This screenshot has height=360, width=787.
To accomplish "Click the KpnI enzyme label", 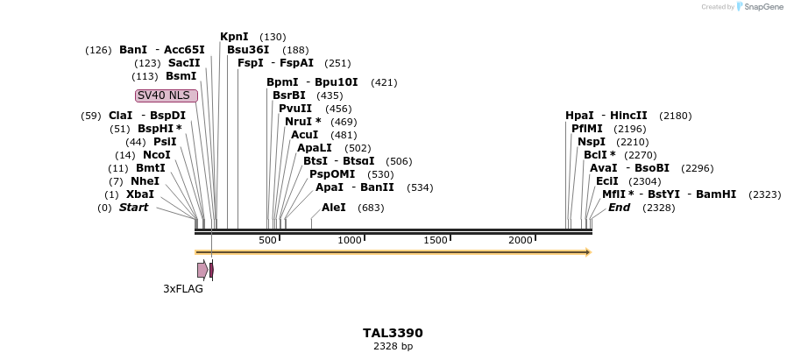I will click(234, 37).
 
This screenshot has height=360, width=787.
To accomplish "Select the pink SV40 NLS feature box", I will click(167, 95).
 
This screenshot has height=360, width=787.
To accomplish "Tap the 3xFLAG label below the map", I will click(183, 288).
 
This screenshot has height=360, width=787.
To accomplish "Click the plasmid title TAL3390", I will click(393, 333).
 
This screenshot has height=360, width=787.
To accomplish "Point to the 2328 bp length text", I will click(393, 347).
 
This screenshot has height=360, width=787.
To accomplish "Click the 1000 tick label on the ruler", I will click(350, 240).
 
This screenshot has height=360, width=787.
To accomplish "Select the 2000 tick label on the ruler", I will click(521, 240).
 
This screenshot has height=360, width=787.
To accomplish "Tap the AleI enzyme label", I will click(334, 208).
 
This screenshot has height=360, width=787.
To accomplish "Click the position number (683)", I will click(371, 208).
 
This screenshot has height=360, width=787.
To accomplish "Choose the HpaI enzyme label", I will click(579, 116).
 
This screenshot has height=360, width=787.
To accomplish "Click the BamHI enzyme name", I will click(716, 194).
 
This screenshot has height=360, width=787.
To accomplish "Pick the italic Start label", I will click(133, 208).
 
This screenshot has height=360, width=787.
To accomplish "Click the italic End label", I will click(619, 208).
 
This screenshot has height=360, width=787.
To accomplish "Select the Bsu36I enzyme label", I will click(248, 50).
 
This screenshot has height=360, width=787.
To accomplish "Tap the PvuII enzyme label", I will click(295, 109).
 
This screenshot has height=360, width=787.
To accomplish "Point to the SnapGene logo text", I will click(762, 7).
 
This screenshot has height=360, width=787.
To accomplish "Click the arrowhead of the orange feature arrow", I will click(588, 252).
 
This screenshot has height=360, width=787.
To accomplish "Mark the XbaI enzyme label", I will click(140, 194).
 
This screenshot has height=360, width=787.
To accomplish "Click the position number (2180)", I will click(675, 116).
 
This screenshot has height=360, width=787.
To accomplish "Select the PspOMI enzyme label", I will click(332, 174).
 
